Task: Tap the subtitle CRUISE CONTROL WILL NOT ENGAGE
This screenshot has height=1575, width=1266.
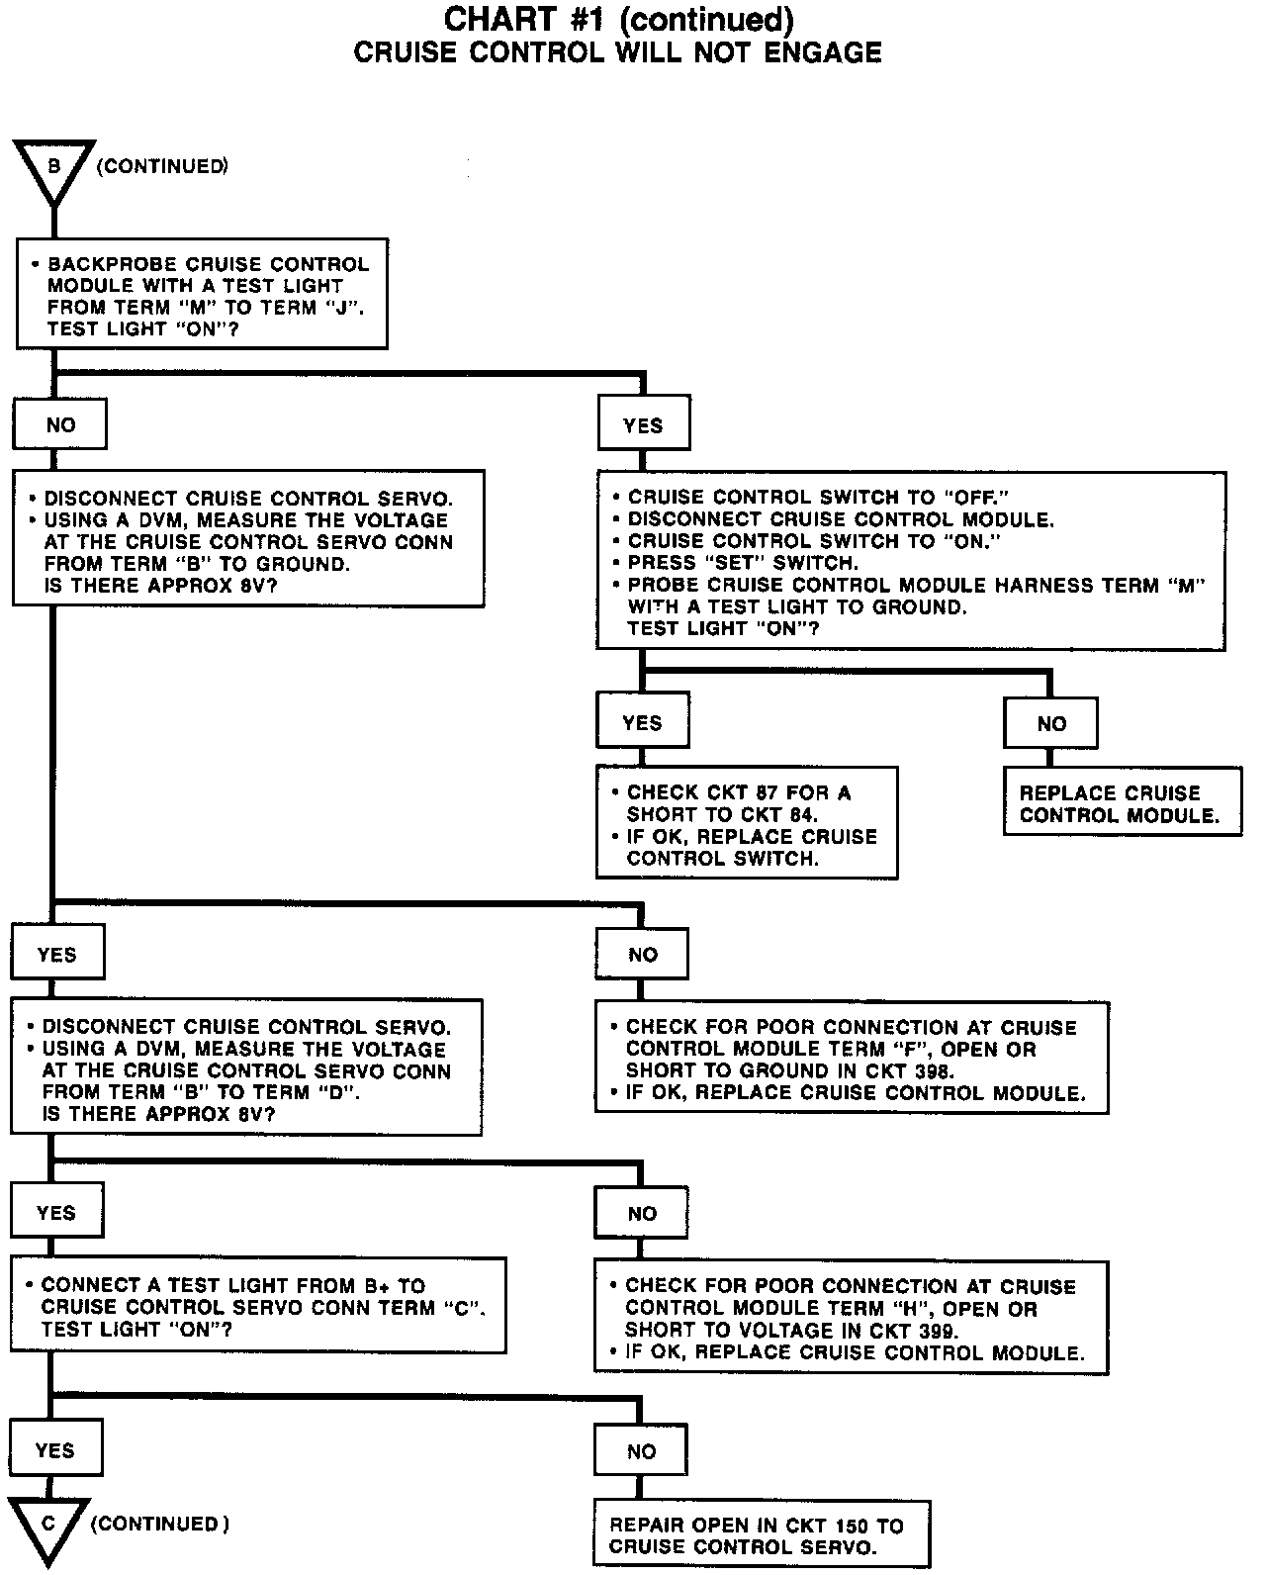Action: point(617,52)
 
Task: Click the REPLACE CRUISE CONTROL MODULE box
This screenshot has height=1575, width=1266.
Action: point(1122,803)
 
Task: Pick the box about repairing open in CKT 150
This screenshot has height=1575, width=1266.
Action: point(762,1536)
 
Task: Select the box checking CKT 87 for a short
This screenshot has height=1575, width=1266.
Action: point(747,823)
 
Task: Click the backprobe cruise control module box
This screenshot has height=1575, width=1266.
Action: point(202,294)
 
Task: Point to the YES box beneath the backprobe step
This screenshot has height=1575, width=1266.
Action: point(644,425)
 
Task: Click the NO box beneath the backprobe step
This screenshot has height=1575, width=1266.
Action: point(60,425)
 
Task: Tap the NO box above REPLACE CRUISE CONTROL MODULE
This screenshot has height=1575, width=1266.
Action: point(1050,723)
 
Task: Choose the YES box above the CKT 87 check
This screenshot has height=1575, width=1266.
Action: point(643,722)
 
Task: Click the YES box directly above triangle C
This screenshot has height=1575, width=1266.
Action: point(55,1450)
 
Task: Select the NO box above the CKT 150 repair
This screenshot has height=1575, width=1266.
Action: point(642,1450)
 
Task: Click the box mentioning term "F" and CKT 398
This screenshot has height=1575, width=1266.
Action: point(851,1058)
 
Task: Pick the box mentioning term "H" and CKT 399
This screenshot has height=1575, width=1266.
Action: point(851,1318)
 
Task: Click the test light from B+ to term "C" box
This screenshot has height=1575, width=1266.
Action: point(258,1306)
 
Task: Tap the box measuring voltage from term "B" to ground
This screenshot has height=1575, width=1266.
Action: point(248,539)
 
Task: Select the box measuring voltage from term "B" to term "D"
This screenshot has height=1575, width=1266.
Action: point(246,1066)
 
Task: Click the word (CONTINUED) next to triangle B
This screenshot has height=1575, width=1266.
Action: point(162,166)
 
